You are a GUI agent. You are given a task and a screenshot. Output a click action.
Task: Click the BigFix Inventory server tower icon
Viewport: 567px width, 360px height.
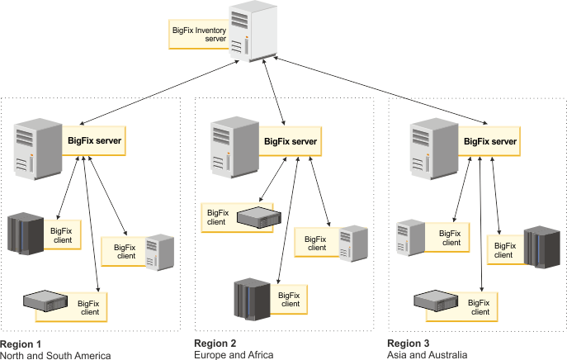pyautogui.click(x=252, y=31)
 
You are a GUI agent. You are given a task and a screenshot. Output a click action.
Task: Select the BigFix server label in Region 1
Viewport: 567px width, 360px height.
pyautogui.click(x=94, y=141)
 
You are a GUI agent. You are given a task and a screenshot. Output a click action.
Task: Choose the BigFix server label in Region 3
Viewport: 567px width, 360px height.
pyautogui.click(x=490, y=141)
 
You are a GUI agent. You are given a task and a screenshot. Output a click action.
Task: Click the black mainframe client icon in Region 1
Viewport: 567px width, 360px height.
pyautogui.click(x=24, y=233)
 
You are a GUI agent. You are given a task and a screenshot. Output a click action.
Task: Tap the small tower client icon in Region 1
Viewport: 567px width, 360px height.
pyautogui.click(x=159, y=251)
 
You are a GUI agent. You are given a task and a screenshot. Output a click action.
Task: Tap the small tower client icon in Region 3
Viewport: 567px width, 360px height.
pyautogui.click(x=410, y=235)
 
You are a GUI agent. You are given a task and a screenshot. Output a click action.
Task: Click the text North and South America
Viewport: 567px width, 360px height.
pyautogui.click(x=55, y=354)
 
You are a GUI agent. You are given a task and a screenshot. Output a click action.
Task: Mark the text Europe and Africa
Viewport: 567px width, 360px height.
pyautogui.click(x=233, y=354)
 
